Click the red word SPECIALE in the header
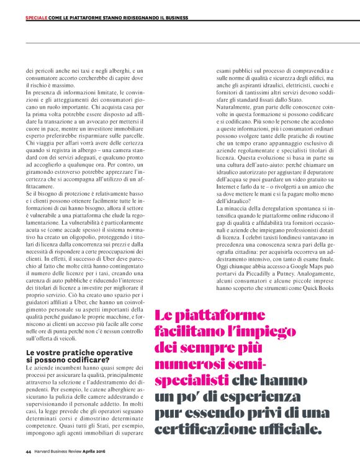click(x=37, y=17)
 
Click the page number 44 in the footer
click(x=28, y=451)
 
